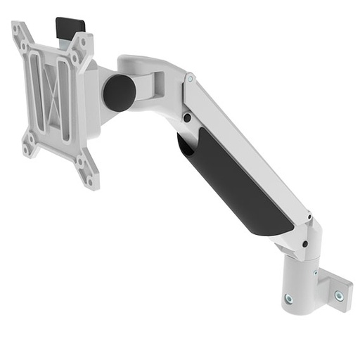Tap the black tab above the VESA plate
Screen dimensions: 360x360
70,27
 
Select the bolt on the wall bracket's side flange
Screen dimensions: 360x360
339,296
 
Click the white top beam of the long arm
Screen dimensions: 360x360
246,141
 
